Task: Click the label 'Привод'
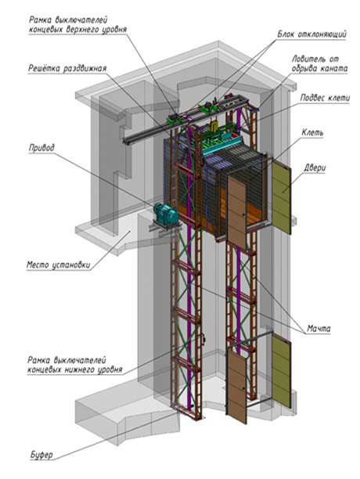[x=41, y=148]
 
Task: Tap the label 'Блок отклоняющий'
[x=311, y=34]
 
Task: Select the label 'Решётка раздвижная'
[x=67, y=68]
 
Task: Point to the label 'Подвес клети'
[x=326, y=98]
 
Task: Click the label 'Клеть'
[x=312, y=132]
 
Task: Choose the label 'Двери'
[x=315, y=168]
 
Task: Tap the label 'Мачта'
[x=319, y=329]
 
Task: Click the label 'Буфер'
[x=41, y=455]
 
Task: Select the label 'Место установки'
[x=59, y=265]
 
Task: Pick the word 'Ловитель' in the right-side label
[x=308, y=59]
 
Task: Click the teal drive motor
[x=165, y=213]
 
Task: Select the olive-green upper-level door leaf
[x=281, y=197]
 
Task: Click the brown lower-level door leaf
[x=236, y=387]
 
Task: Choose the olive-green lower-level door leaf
[x=281, y=370]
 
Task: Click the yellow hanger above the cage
[x=214, y=126]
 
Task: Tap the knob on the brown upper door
[x=243, y=215]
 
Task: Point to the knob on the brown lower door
[x=243, y=388]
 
